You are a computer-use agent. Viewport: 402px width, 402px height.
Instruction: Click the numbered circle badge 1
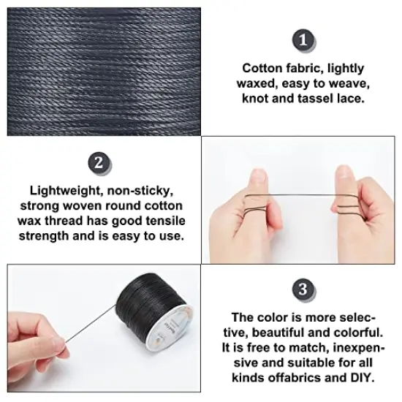[300, 39]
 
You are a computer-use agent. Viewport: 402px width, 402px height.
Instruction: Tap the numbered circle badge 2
[100, 162]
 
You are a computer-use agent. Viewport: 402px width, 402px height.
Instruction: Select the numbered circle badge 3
[300, 286]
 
